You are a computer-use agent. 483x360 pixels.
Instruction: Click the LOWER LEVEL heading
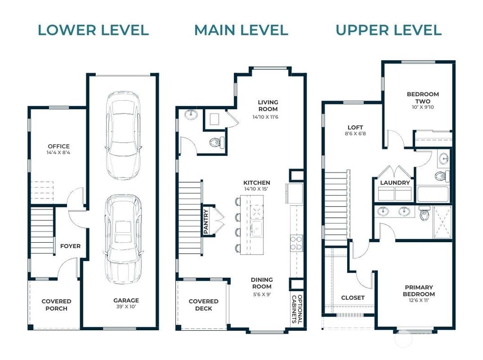tap(93, 30)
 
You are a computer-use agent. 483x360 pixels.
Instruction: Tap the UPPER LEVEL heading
tap(389, 30)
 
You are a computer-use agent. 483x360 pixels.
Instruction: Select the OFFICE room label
tap(58, 146)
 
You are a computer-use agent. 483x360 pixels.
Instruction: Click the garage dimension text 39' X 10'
tap(126, 306)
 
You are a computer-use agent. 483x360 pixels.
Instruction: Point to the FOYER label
tap(70, 246)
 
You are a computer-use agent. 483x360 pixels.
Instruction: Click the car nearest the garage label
tap(123, 239)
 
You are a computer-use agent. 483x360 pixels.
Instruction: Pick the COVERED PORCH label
tap(57, 304)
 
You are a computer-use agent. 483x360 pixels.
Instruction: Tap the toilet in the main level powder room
tap(217, 142)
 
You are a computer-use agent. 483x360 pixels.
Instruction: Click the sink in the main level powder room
tap(192, 114)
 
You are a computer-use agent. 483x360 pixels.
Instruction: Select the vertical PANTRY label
tap(206, 221)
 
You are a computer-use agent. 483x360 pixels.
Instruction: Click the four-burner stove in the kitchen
tap(296, 243)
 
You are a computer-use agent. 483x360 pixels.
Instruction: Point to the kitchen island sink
tap(256, 229)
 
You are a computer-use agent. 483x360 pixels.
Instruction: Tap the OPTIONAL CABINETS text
tap(297, 309)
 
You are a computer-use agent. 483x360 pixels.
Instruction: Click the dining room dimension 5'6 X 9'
tap(262, 294)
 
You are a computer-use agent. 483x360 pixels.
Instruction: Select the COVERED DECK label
tap(204, 304)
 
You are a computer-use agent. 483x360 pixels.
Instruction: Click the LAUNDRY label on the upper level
tap(395, 182)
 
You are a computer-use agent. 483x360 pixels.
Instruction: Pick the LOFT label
tap(355, 127)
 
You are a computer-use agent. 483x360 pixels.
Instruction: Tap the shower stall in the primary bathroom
tap(442, 222)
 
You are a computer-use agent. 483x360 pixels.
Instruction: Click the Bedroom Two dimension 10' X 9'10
tap(423, 107)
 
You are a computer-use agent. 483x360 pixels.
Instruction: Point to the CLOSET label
tap(353, 297)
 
